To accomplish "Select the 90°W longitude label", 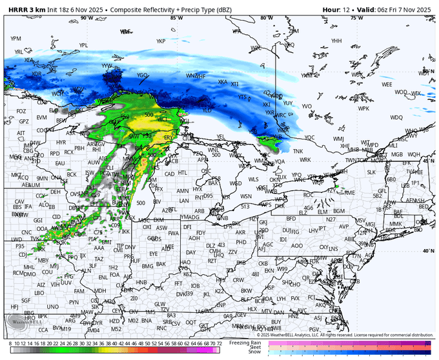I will pyautogui.click(x=84, y=18).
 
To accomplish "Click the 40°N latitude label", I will pyautogui.click(x=427, y=251).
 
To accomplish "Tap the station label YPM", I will pyautogui.click(x=15, y=39).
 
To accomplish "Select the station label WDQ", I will pyautogui.click(x=396, y=117).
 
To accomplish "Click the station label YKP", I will pyautogui.click(x=161, y=41).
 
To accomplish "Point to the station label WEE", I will pyautogui.click(x=387, y=85).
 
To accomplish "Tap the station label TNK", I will pyautogui.click(x=298, y=151).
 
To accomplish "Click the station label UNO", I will pyautogui.click(x=53, y=306).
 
